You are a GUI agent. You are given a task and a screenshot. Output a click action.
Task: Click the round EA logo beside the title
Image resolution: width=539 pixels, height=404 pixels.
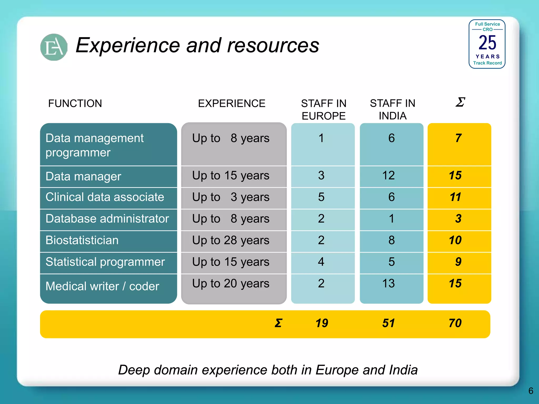[54, 47]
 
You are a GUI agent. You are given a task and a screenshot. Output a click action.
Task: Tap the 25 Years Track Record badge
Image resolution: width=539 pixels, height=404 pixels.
[487, 44]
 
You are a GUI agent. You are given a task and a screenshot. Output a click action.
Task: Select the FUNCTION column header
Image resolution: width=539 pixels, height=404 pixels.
[75, 103]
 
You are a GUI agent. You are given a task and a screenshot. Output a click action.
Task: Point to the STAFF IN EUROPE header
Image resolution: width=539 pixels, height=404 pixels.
[323, 109]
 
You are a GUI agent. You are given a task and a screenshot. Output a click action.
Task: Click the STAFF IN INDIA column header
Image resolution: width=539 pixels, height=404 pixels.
[392, 109]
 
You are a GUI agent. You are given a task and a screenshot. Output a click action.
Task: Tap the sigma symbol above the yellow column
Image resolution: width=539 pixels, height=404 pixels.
[460, 102]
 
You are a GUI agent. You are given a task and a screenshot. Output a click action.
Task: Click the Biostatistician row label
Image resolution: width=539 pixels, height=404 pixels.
[82, 240]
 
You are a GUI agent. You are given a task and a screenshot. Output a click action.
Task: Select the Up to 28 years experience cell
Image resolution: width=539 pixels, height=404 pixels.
[231, 240]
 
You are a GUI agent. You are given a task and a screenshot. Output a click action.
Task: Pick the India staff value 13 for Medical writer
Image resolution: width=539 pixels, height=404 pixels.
[388, 284]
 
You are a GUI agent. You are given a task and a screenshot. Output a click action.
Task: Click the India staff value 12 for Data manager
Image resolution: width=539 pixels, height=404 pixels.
[388, 175]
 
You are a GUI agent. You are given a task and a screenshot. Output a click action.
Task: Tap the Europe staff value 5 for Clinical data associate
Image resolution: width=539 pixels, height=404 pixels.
[321, 197]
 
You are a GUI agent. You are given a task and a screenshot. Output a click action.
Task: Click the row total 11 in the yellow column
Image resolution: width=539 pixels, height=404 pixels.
[455, 197]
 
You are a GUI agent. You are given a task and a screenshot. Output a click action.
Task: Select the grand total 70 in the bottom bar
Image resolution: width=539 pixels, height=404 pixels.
[455, 323]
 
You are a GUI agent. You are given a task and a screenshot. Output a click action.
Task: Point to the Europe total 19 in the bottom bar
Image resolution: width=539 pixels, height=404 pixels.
[322, 323]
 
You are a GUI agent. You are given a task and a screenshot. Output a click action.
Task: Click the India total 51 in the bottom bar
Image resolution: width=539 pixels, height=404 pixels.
[388, 323]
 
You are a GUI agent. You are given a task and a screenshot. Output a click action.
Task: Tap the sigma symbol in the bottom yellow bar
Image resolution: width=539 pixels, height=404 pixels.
[278, 323]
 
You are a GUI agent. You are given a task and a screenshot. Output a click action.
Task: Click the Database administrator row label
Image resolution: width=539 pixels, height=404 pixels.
[107, 219]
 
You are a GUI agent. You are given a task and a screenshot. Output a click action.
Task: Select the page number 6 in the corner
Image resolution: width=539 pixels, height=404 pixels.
[531, 391]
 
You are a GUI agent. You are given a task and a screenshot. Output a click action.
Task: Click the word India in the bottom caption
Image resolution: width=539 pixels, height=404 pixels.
[403, 370]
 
